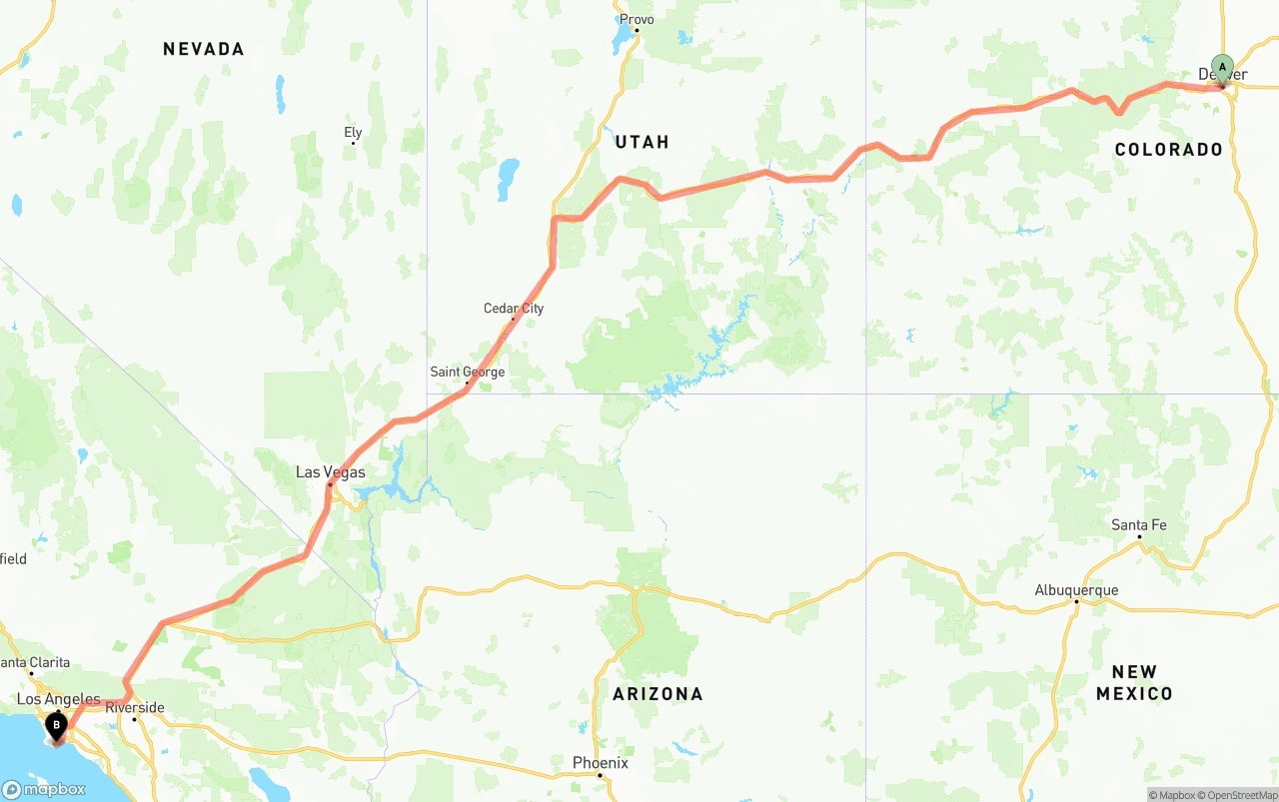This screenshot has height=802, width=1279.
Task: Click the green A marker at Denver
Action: coord(1221,69)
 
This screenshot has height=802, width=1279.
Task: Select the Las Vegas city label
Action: coord(331,472)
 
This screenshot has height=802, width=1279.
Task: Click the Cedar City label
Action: coord(514,308)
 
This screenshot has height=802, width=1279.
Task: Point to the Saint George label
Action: coord(467,372)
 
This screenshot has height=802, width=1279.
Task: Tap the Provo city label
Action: coord(637,19)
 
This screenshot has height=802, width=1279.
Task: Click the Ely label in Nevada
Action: coord(353,132)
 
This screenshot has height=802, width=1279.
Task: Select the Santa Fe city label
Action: coord(1138,524)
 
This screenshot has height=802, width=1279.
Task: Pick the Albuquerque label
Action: coord(1076,589)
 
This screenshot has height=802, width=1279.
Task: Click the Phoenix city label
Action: coord(601,762)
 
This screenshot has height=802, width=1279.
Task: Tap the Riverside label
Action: coord(134,707)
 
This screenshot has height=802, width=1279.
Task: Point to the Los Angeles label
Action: coord(59,699)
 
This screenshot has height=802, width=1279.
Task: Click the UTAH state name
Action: coord(642,142)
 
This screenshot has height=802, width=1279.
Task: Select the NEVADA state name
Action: coord(204,49)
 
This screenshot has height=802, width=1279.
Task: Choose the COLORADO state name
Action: coord(1169,150)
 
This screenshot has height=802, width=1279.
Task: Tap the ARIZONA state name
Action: coord(657,693)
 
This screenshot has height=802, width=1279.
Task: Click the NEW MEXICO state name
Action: coord(1134,682)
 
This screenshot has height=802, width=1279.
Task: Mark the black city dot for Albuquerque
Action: coord(1076,601)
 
